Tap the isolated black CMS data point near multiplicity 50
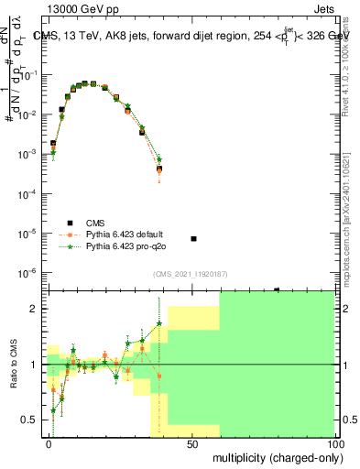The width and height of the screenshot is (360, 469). (x=193, y=238)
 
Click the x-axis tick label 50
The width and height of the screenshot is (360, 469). (x=191, y=443)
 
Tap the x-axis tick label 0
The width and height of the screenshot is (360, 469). (x=49, y=443)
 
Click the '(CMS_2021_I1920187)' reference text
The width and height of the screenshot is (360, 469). (x=191, y=274)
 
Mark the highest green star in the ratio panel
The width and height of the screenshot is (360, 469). (x=159, y=323)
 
